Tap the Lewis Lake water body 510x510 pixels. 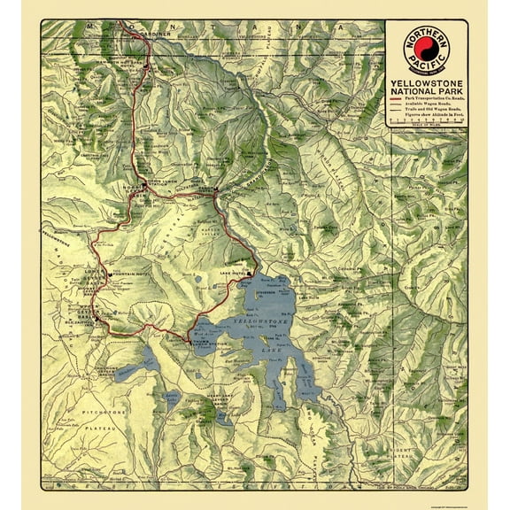174,403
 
